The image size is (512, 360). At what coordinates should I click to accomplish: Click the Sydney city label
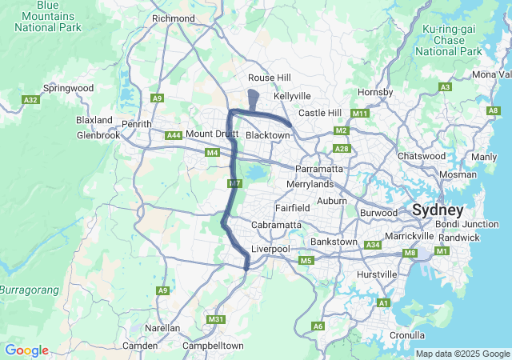tap(438, 210)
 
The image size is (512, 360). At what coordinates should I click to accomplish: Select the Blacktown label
tap(267, 135)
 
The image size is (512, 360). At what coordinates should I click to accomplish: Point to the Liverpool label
tap(270, 250)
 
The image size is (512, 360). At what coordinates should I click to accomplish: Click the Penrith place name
tap(136, 124)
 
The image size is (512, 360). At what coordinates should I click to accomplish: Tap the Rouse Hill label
tap(270, 78)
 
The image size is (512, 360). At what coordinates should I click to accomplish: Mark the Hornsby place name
tap(375, 93)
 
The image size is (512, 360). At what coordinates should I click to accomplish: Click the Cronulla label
tap(407, 335)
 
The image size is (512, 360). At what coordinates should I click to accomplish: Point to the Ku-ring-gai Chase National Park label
tap(448, 40)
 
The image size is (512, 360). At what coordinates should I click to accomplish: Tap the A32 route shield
tap(31, 100)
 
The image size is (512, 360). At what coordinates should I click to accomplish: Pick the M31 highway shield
tap(215, 319)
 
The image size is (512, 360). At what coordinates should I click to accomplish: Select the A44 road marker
tap(174, 135)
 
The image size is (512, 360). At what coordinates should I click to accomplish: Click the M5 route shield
tap(305, 261)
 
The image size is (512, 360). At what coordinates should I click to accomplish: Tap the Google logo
tap(26, 350)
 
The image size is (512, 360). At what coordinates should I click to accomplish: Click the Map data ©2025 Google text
tap(462, 354)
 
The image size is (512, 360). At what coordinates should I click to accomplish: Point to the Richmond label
tap(173, 18)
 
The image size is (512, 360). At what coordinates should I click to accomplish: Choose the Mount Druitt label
tap(212, 134)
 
